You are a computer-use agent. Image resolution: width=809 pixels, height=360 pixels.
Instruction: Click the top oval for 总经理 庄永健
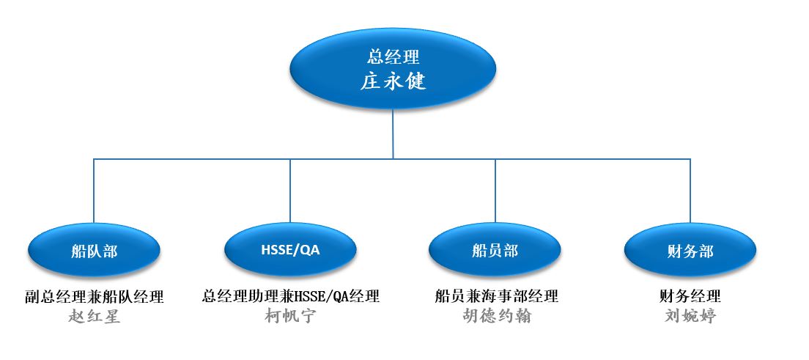point(393,68)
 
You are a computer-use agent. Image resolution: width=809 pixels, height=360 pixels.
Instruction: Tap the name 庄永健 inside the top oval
point(394,81)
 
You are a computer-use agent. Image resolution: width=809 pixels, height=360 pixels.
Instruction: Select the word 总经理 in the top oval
point(394,56)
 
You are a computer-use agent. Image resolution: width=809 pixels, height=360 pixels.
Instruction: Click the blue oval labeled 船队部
point(94,251)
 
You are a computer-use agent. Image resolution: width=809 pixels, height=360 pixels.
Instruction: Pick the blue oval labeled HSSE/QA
point(290,250)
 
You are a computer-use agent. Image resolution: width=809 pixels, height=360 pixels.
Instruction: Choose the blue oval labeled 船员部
point(495,251)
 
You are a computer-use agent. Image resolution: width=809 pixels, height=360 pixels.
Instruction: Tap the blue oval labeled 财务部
point(690,251)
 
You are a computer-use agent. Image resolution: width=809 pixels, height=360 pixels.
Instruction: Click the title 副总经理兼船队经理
point(95,296)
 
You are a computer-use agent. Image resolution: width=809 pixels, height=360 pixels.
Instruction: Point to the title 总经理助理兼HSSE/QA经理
point(290,296)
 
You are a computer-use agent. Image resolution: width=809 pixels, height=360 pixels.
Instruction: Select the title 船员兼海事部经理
point(496,296)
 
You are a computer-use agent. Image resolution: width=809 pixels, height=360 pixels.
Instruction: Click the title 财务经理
point(690,296)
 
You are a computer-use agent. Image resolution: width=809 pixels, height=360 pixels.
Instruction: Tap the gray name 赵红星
point(95,315)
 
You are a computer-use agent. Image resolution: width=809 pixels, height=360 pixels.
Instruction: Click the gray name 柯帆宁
point(290,315)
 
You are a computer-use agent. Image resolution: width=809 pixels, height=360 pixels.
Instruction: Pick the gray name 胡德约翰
point(496,315)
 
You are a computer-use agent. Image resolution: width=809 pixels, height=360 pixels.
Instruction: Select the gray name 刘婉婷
point(690,315)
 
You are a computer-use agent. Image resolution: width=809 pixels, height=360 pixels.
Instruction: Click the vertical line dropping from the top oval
point(393,133)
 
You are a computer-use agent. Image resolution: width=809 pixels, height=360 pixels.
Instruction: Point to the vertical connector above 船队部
point(93,191)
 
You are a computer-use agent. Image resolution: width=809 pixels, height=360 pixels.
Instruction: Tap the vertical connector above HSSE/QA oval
point(290,191)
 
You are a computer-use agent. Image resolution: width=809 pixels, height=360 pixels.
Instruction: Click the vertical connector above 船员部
point(495,191)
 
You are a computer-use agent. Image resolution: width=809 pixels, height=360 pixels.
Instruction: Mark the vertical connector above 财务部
point(690,191)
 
